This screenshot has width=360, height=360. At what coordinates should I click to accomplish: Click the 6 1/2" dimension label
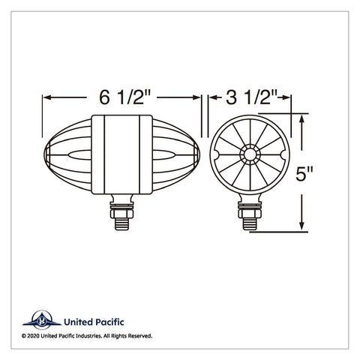[x=125, y=97]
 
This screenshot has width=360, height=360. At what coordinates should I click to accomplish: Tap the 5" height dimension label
[x=304, y=173]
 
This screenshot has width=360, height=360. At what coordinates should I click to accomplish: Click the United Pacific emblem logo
[x=42, y=319]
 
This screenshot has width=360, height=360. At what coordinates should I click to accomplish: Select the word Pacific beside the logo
[x=109, y=322]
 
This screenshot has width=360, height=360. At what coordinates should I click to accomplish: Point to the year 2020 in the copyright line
[x=33, y=336]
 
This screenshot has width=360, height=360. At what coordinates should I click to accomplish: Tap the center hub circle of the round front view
[x=249, y=154]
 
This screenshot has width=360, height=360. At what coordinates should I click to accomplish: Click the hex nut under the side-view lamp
[x=121, y=214]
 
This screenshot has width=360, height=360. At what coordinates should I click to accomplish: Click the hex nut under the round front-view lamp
[x=250, y=214]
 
